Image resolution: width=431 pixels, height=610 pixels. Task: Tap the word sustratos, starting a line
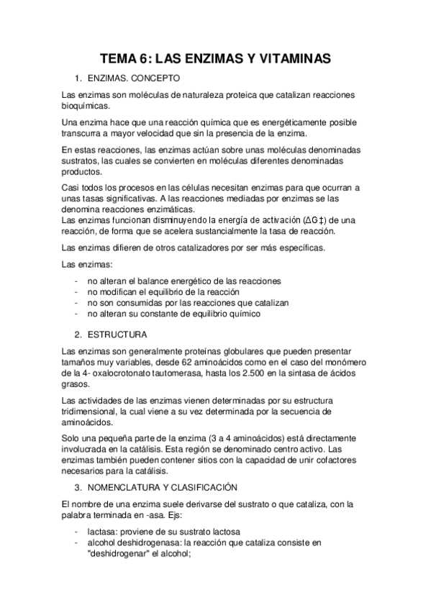click(x=81, y=160)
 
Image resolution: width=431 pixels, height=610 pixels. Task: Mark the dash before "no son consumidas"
click(x=77, y=303)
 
